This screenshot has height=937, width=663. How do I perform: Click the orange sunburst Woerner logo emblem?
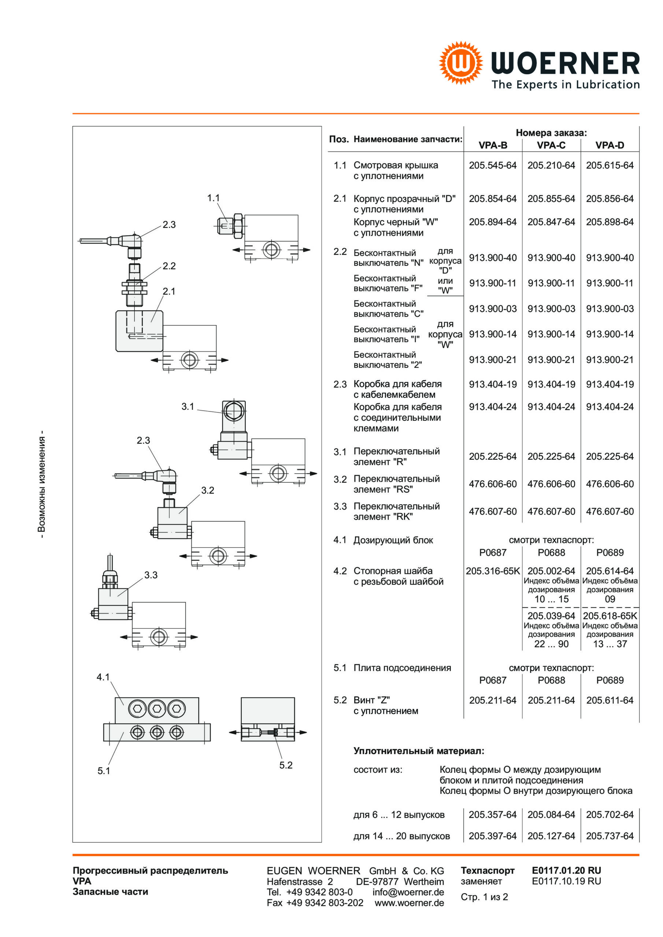pyautogui.click(x=461, y=63)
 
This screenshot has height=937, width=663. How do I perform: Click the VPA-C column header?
pyautogui.click(x=551, y=145)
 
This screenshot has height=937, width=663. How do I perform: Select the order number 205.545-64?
pyautogui.click(x=493, y=165)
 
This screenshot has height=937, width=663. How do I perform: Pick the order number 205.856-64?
pyautogui.click(x=610, y=199)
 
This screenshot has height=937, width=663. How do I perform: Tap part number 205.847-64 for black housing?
pyautogui.click(x=551, y=222)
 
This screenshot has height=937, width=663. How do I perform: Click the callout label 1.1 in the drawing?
pyautogui.click(x=213, y=198)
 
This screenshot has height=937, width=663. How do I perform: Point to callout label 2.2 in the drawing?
pyautogui.click(x=169, y=266)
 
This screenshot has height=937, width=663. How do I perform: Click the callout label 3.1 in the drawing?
pyautogui.click(x=188, y=407)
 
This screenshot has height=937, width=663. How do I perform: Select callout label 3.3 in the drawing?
pyautogui.click(x=151, y=575)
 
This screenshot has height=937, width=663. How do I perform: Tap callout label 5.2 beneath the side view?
pyautogui.click(x=286, y=765)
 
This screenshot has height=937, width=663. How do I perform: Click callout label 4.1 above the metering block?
pyautogui.click(x=103, y=677)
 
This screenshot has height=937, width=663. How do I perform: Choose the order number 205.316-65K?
pyautogui.click(x=493, y=571)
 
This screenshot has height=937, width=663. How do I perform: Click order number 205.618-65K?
pyautogui.click(x=610, y=616)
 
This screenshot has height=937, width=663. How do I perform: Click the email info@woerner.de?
pyautogui.click(x=408, y=892)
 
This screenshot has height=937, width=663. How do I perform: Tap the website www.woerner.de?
pyautogui.click(x=409, y=903)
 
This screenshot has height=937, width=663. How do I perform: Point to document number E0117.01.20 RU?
pyautogui.click(x=566, y=870)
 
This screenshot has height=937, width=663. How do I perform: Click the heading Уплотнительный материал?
pyautogui.click(x=419, y=751)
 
